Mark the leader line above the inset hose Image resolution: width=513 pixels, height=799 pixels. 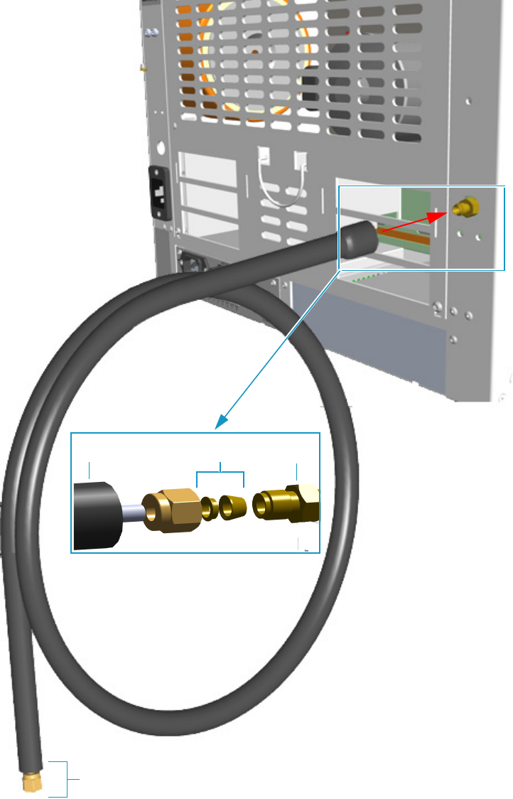pos(89,469)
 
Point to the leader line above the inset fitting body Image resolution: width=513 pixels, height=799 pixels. pos(297,470)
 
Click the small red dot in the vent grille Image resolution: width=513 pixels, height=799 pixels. pos(347,32)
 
